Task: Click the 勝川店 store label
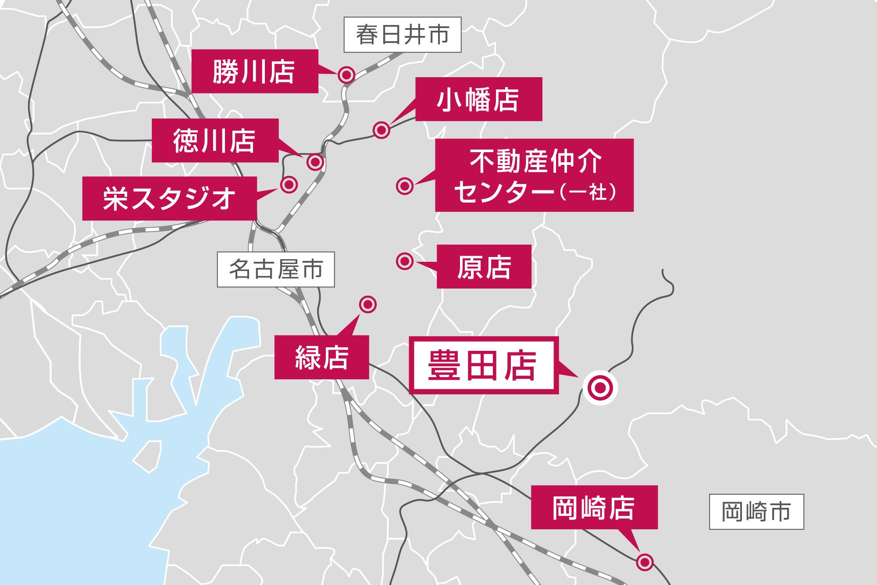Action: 254,71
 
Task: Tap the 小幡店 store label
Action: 478,99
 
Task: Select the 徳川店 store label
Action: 215,140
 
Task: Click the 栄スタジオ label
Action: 169,198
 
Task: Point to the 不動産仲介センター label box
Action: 534,175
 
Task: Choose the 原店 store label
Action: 484,267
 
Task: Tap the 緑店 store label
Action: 321,357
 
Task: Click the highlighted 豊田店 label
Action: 483,365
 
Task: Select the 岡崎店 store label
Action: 594,507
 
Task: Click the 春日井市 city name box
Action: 402,35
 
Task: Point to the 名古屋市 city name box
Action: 276,269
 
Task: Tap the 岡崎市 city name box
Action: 756,512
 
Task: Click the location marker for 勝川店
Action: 346,75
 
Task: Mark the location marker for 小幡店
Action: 381,130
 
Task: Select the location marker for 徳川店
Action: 315,162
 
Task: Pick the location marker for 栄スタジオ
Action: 289,185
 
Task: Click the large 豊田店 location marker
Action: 600,388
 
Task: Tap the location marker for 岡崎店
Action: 645,562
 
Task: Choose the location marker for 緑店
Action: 367,304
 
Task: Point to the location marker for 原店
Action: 404,261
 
